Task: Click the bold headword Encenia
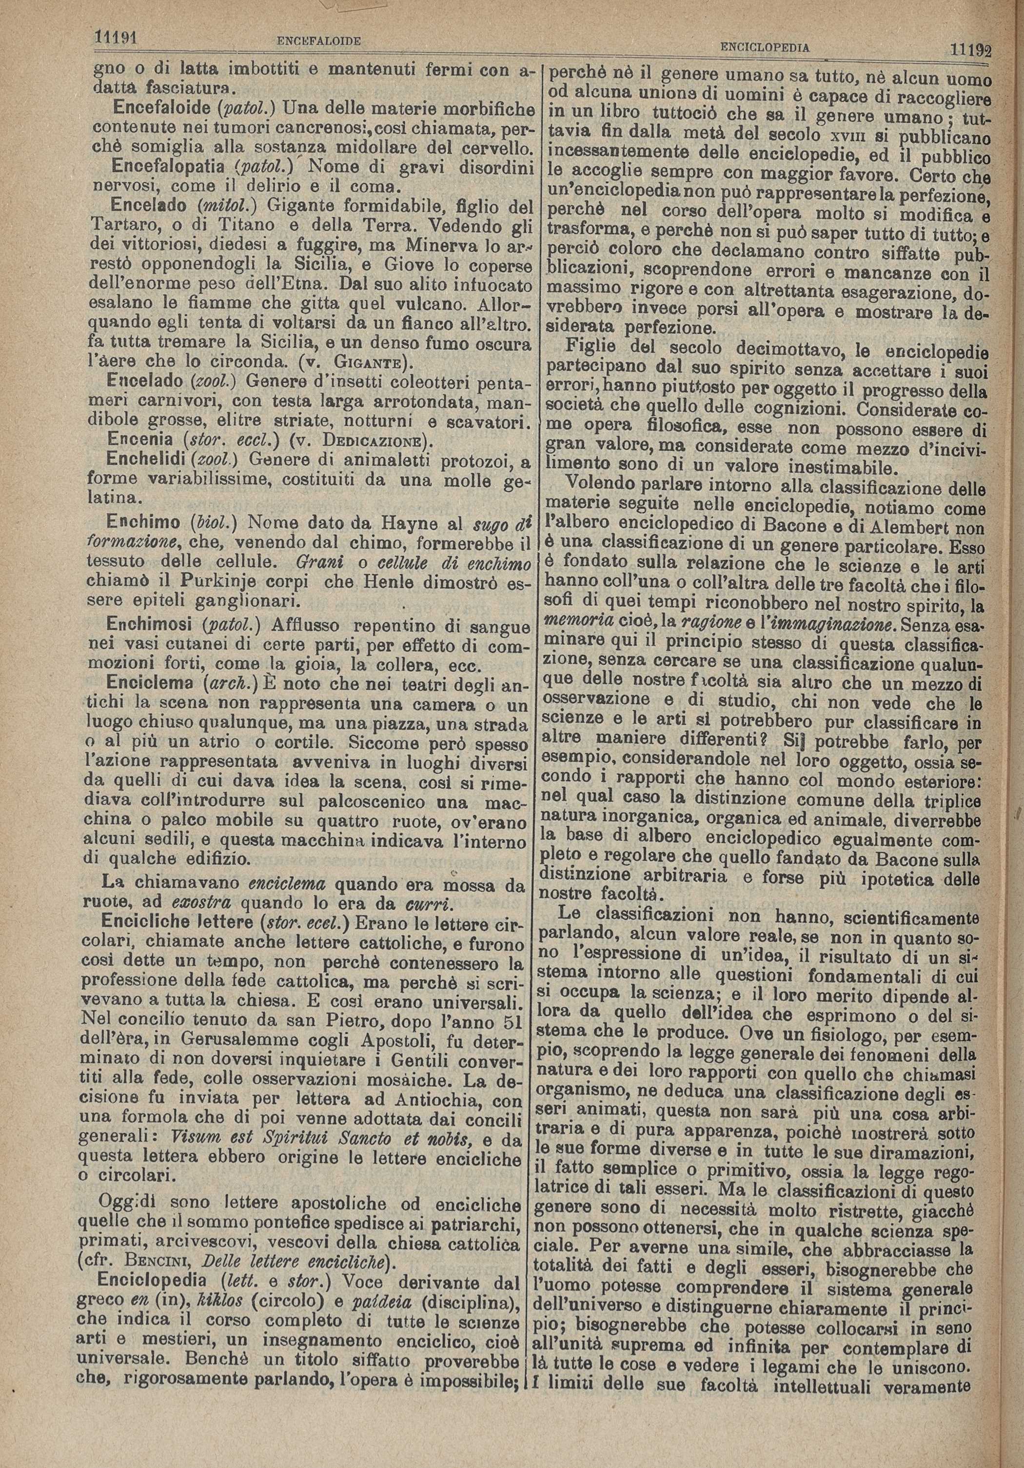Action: [x=137, y=440]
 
